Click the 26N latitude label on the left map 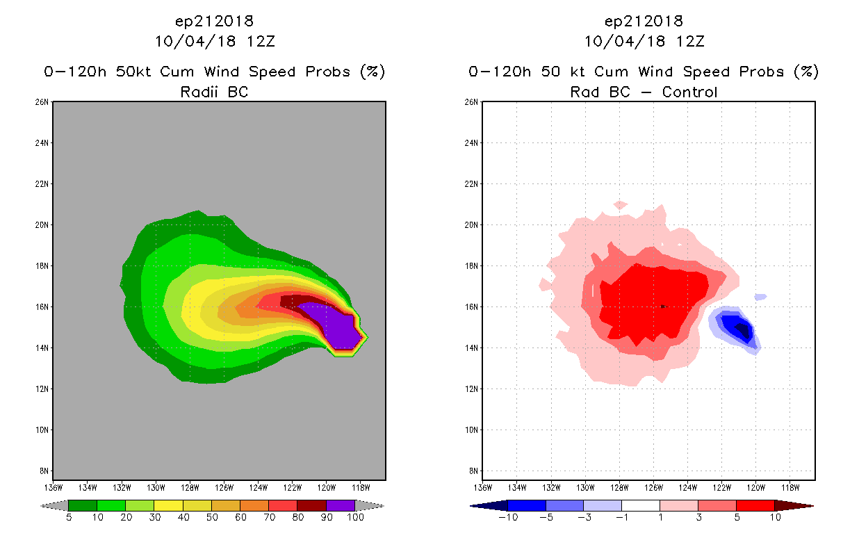point(43,102)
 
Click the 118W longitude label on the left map point(361,487)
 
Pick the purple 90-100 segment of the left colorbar point(341,505)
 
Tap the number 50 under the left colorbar point(211,518)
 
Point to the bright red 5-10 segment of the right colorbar point(755,505)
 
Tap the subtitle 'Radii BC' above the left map point(214,92)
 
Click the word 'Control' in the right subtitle point(689,92)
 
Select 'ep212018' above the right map point(644,21)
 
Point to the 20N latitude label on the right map point(473,225)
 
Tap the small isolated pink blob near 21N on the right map point(621,205)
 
